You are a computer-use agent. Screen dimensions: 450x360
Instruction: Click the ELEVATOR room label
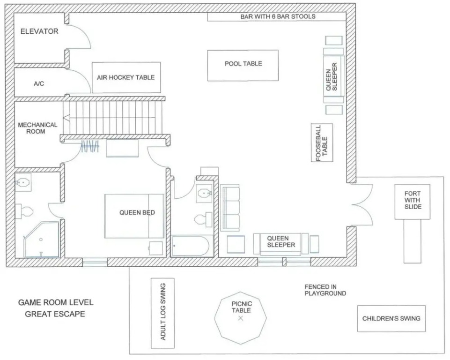(39, 31)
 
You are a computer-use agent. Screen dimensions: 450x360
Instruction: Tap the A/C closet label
(39, 84)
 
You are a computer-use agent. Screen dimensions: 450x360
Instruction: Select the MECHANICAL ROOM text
(37, 128)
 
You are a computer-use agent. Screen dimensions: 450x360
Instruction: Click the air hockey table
(126, 77)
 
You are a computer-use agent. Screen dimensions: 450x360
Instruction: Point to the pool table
(243, 66)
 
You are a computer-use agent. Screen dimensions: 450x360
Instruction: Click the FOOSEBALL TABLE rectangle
(322, 143)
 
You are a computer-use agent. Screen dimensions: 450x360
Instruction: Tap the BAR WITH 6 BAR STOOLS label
(278, 17)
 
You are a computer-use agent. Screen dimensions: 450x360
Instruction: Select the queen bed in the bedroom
(134, 216)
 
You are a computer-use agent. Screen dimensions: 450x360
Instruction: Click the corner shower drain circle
(41, 240)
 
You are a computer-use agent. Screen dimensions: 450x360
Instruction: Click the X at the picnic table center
(241, 318)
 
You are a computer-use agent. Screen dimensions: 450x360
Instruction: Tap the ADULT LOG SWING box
(163, 313)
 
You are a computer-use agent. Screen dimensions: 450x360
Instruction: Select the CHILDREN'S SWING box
(391, 319)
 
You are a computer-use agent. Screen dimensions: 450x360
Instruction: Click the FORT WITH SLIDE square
(413, 202)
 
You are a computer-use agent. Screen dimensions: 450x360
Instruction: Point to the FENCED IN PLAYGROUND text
(325, 290)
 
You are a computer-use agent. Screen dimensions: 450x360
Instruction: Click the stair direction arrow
(66, 118)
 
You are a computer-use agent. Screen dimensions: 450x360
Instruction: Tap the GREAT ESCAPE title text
(55, 314)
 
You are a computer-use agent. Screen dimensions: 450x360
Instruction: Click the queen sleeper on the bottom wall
(281, 244)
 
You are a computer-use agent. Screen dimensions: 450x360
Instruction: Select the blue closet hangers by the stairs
(90, 146)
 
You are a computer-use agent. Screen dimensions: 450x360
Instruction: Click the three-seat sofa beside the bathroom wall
(230, 208)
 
